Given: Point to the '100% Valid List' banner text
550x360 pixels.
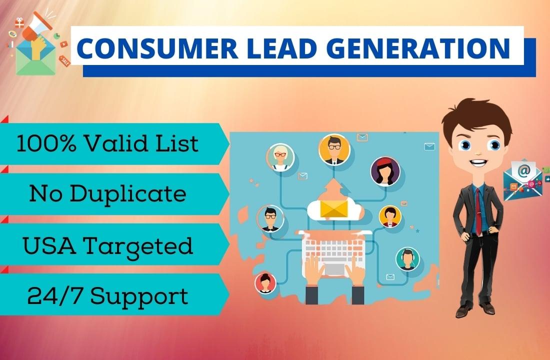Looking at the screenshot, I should coord(107,144).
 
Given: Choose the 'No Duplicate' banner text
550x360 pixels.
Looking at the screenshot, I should coord(107,194).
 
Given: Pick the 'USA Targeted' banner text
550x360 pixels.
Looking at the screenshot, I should coord(107,246).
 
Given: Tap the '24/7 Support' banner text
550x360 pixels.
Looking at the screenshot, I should coord(107,296).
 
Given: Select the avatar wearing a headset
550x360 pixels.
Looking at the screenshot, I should coord(408,258).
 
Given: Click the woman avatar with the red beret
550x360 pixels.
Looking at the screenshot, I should coord(385,170).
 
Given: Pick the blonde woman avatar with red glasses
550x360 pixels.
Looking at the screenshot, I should coord(280,157).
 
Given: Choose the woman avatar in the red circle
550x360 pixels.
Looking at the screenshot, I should coord(265,283).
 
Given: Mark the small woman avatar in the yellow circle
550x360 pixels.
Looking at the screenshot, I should coord(390,216).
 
